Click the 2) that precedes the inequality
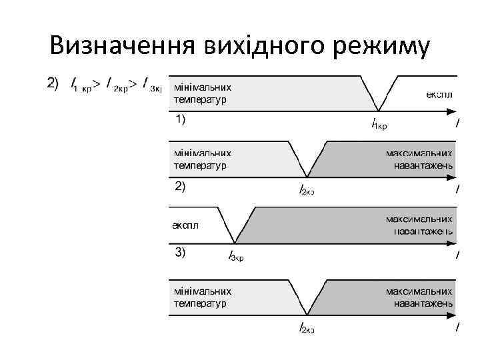pyautogui.click(x=51, y=84)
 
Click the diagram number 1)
pyautogui.click(x=180, y=120)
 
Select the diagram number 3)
pyautogui.click(x=180, y=252)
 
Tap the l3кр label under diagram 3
pyautogui.click(x=236, y=255)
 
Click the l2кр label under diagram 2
pyautogui.click(x=306, y=189)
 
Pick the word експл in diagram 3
pyautogui.click(x=185, y=225)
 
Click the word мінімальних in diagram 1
pyautogui.click(x=203, y=87)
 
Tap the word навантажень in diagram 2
pyautogui.click(x=423, y=165)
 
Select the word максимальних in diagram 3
pyautogui.click(x=419, y=219)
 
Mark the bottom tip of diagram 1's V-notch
pyautogui.click(x=379, y=111)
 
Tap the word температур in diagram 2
pyautogui.click(x=200, y=165)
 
